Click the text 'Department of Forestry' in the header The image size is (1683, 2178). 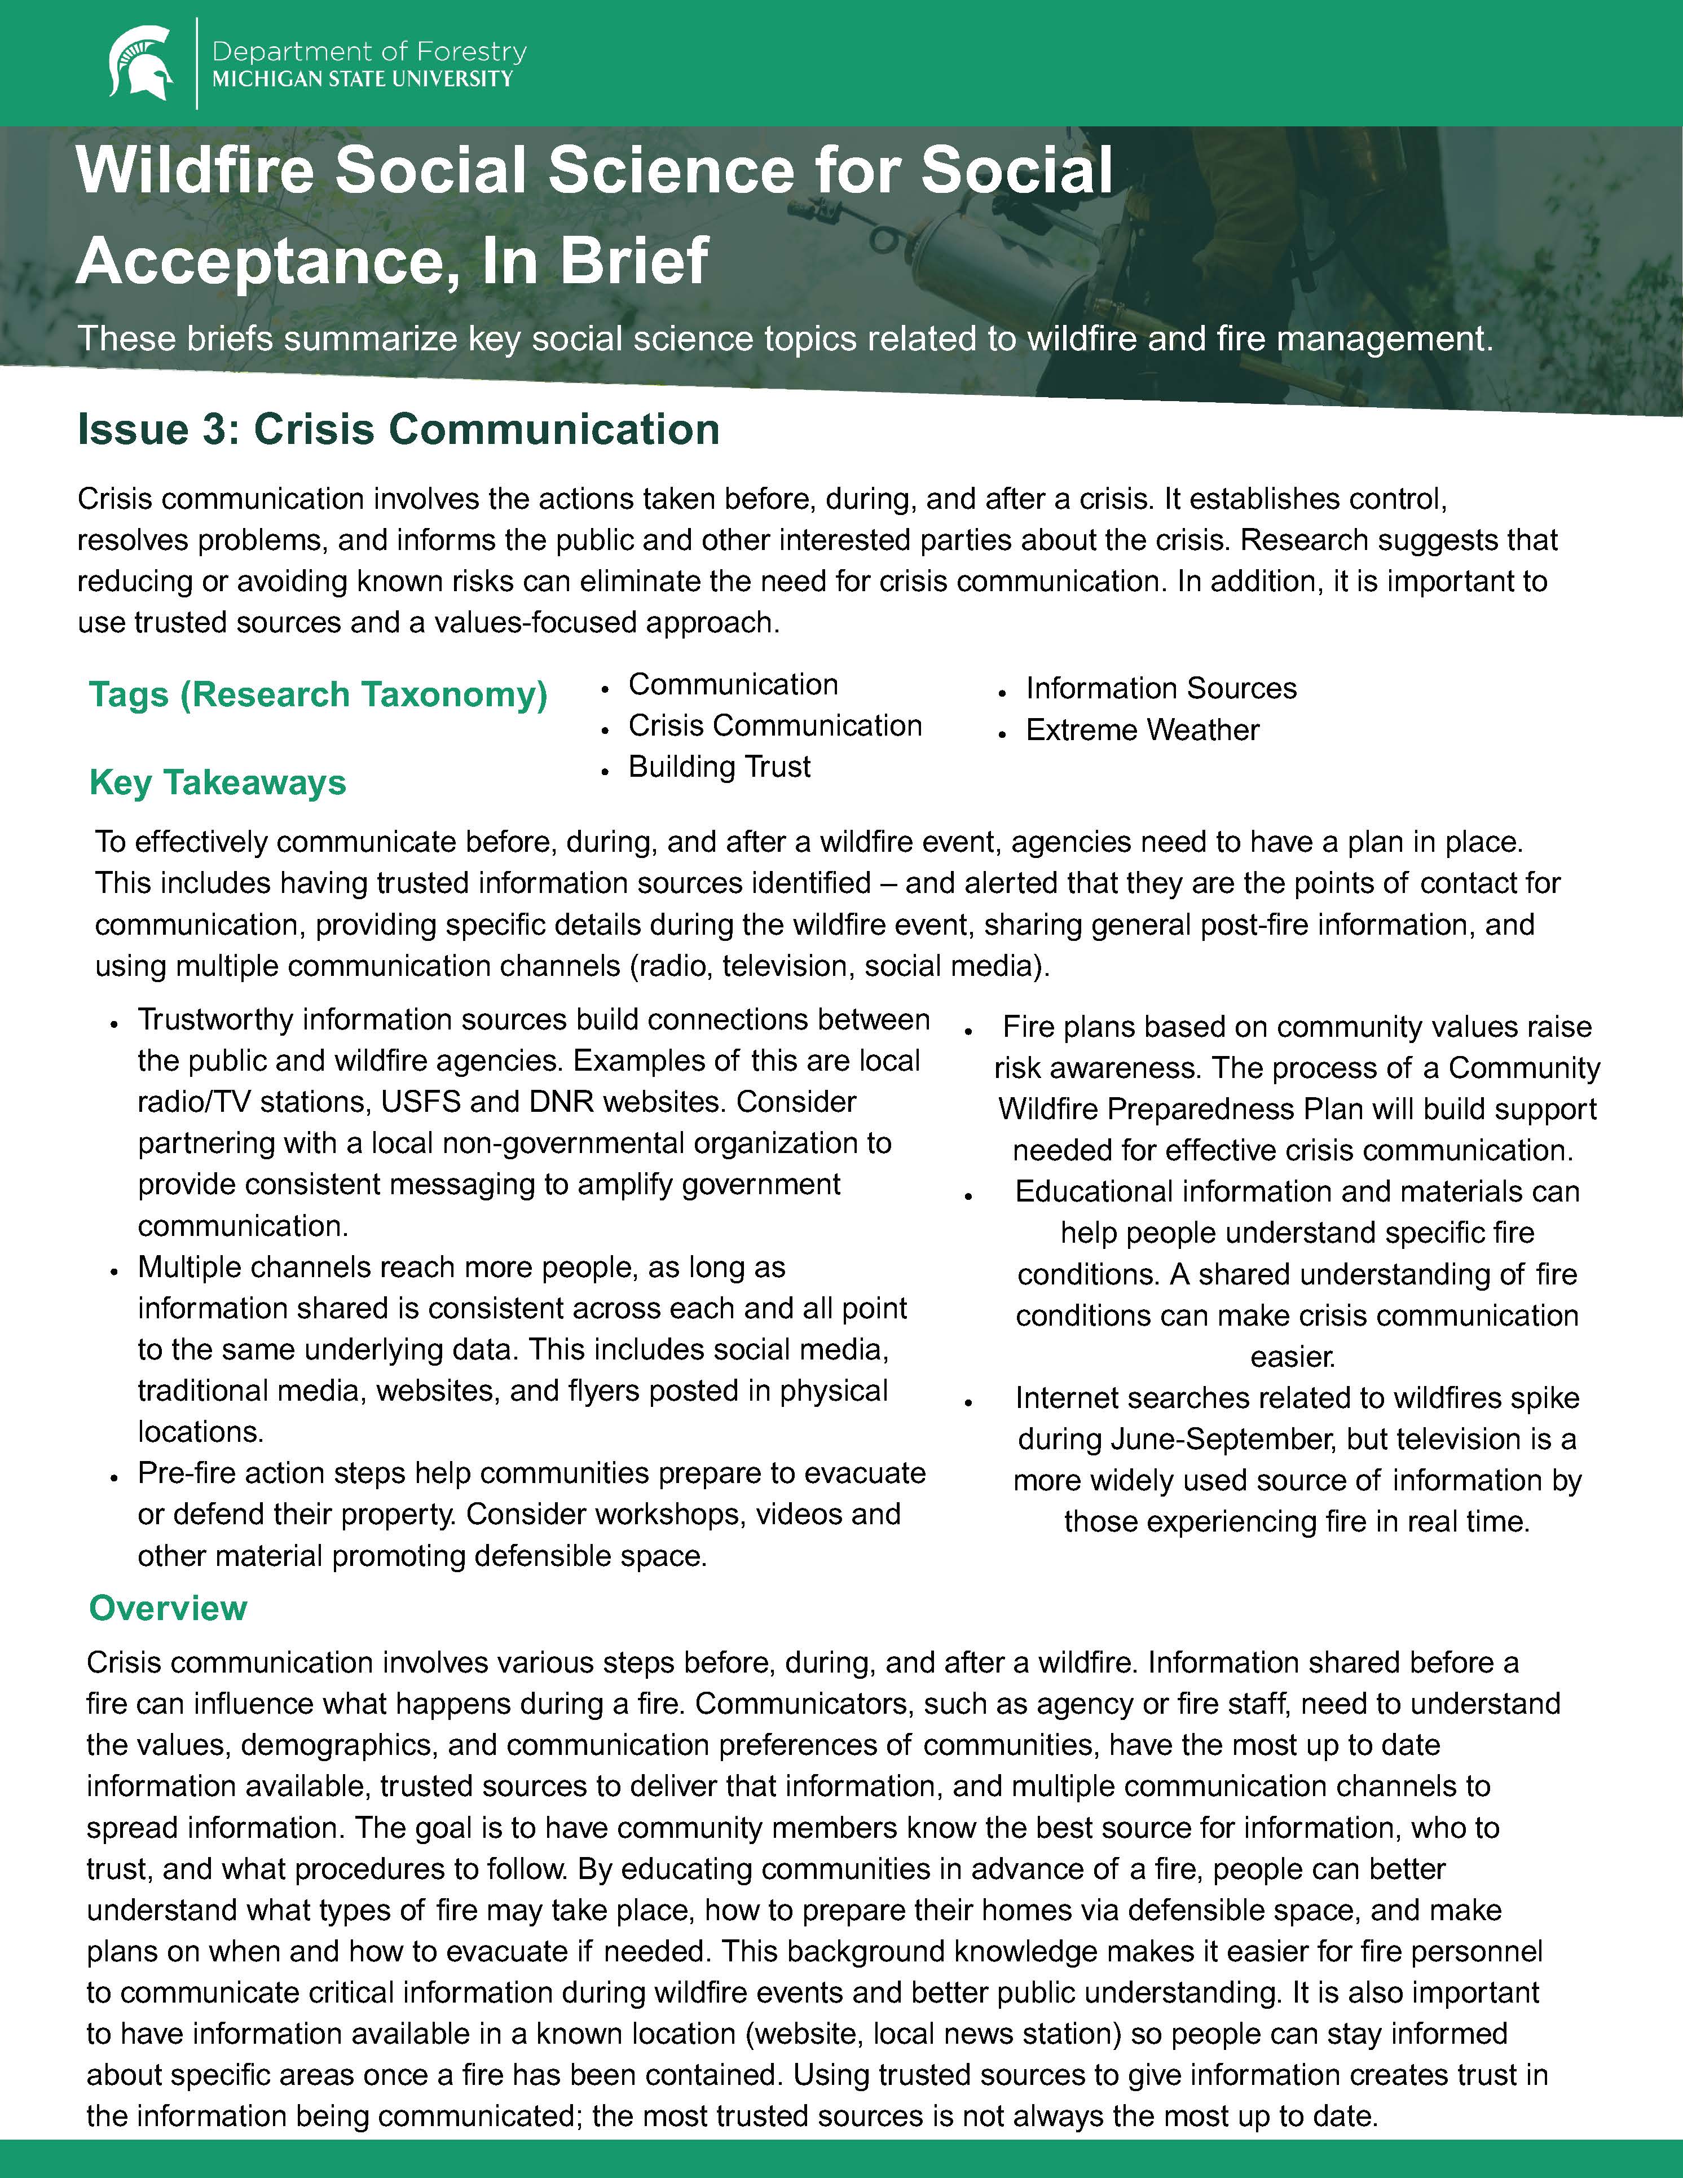[x=369, y=51]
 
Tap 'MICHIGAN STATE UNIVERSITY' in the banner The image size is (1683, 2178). [x=363, y=79]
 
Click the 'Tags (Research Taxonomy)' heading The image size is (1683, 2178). [x=318, y=694]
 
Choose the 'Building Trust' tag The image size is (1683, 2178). [x=719, y=767]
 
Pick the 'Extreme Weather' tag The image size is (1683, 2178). [x=1143, y=730]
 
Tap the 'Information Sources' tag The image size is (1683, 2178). [x=1161, y=688]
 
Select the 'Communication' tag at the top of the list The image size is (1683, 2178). [x=733, y=684]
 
